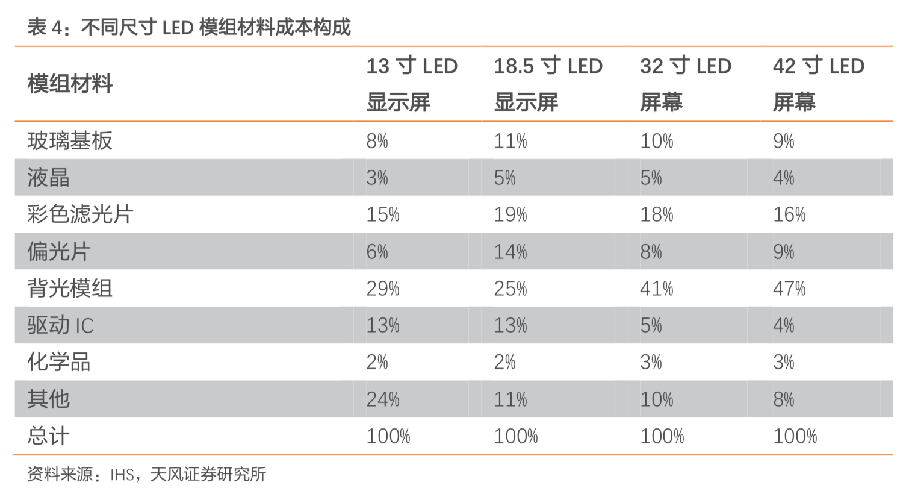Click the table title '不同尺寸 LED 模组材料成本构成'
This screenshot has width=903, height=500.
tap(216, 27)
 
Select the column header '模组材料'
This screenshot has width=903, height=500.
tap(70, 84)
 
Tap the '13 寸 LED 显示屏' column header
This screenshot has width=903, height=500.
tap(412, 84)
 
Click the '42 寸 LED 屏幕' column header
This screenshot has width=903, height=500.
tap(818, 84)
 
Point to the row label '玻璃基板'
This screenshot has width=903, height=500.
tap(70, 141)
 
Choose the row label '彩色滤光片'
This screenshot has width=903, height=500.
tap(80, 214)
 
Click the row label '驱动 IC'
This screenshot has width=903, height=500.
tap(60, 325)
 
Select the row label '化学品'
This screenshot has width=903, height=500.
tap(59, 362)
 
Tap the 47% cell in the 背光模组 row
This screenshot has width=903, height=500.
tap(789, 289)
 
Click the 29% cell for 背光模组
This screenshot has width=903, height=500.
tap(383, 289)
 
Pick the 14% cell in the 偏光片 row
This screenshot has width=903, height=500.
tap(510, 251)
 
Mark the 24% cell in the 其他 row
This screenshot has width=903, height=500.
tap(383, 399)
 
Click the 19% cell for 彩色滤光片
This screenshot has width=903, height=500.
tap(510, 214)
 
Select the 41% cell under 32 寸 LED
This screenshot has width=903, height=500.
tap(656, 289)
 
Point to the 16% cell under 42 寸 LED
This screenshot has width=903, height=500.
tap(789, 214)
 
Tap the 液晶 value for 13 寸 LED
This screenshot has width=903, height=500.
tap(377, 178)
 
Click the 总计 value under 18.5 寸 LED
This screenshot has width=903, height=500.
tap(516, 436)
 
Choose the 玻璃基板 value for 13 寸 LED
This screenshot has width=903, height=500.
tap(377, 141)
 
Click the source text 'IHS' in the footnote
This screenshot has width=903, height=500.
tap(122, 475)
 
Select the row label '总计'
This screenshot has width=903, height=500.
tap(48, 436)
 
